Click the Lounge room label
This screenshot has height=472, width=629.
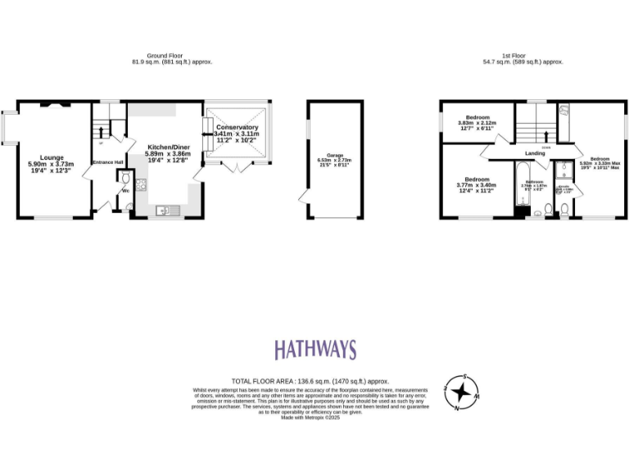[x=51, y=158]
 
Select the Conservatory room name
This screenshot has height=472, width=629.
[x=237, y=128]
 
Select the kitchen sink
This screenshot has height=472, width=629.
[x=165, y=211]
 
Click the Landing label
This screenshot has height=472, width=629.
[x=536, y=153]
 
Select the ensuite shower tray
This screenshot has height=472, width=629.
[x=563, y=170]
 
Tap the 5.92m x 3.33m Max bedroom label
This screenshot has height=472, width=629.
[x=600, y=158]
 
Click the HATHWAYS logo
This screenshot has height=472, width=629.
[x=314, y=350]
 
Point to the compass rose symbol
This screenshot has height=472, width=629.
[x=461, y=393]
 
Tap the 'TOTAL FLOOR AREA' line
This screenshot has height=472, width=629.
[x=310, y=381]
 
